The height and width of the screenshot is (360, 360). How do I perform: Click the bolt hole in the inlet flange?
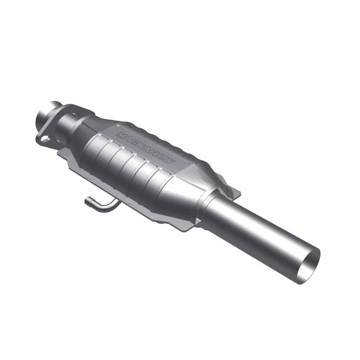pos(45,139)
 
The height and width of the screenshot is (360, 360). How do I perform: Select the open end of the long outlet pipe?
pos(310,265)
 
